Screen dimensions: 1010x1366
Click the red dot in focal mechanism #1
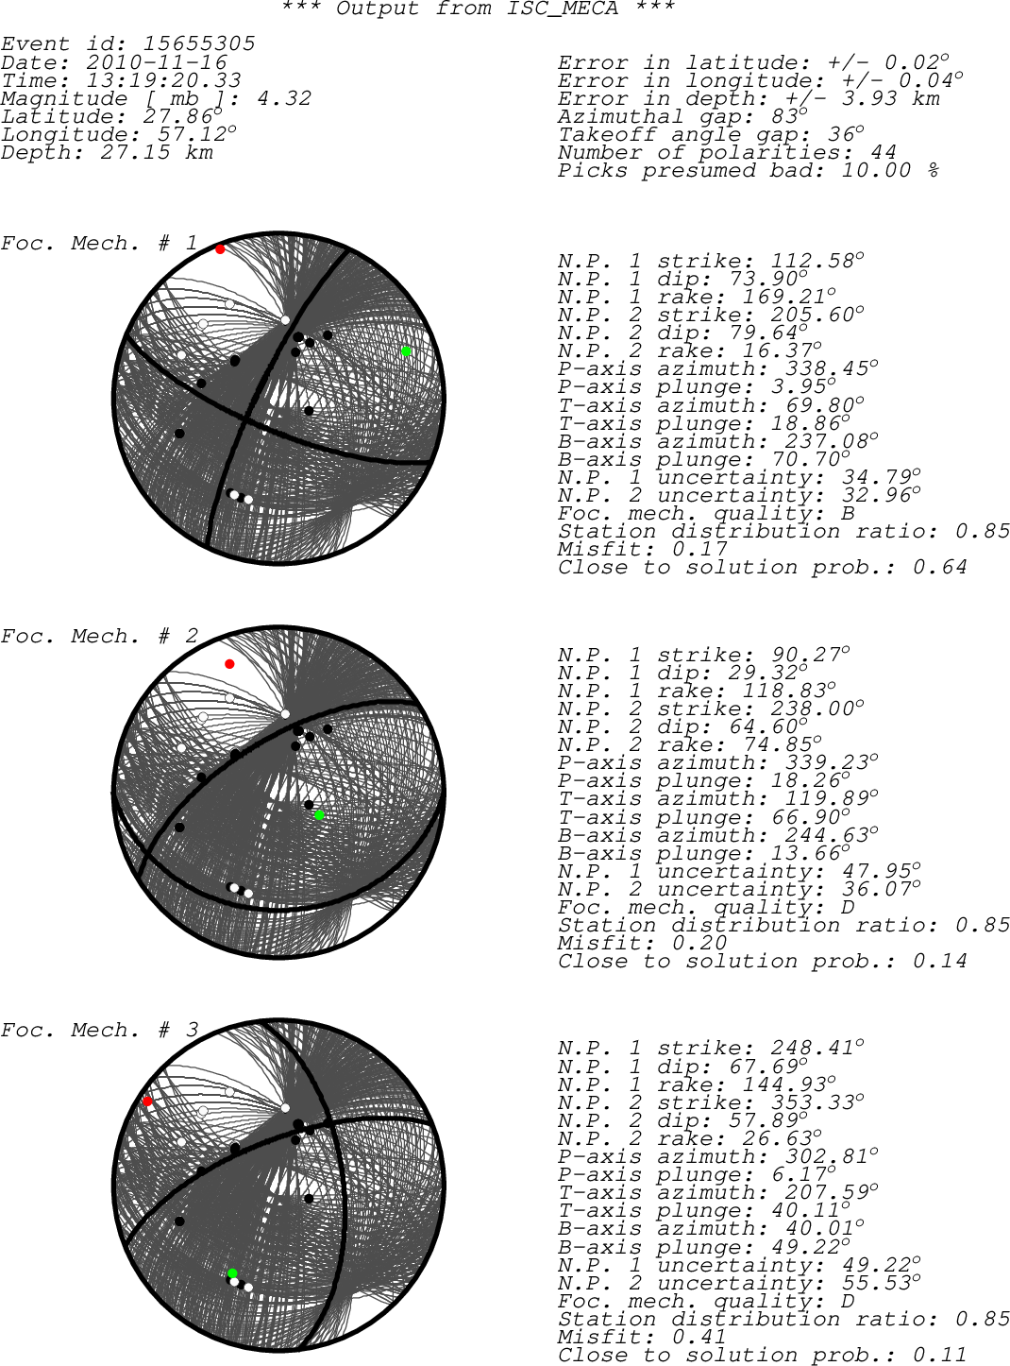click(x=220, y=249)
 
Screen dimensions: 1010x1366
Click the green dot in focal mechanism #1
click(x=406, y=351)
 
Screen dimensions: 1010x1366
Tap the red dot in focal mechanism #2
click(x=229, y=664)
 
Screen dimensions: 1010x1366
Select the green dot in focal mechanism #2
click(x=319, y=815)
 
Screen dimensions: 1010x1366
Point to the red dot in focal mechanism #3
click(x=147, y=1101)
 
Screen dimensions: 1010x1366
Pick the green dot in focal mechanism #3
click(x=232, y=1273)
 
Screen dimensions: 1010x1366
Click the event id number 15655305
click(x=199, y=43)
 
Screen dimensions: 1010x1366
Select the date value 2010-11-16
click(x=157, y=62)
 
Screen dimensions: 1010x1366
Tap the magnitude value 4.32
click(x=284, y=98)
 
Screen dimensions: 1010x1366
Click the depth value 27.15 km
click(x=157, y=153)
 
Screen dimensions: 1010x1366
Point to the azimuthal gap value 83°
click(x=789, y=116)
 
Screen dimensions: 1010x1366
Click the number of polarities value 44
click(x=884, y=152)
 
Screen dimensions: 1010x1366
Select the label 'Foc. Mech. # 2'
click(x=99, y=636)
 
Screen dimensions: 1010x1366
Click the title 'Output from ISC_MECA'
click(x=478, y=9)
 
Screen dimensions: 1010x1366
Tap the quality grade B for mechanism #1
click(x=849, y=513)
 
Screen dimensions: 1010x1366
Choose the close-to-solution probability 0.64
click(x=940, y=567)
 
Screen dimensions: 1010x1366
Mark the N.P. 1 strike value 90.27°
click(x=811, y=654)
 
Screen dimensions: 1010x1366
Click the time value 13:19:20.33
click(x=163, y=80)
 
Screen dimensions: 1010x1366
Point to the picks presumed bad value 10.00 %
click(x=891, y=170)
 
